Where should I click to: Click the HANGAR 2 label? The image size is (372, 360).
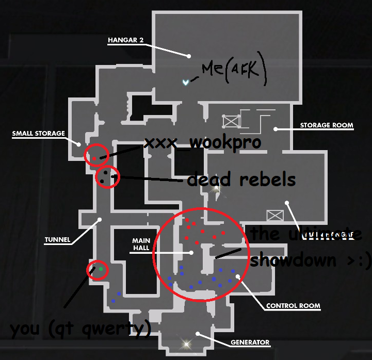point(125,40)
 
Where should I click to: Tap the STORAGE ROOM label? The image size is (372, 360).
point(327,125)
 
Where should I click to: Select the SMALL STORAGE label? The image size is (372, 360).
point(39,134)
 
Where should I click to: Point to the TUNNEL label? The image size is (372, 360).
point(57,239)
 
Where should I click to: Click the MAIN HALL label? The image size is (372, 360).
point(141,244)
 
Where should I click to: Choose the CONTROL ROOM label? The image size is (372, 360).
point(293,306)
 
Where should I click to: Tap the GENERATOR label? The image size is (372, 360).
point(250,342)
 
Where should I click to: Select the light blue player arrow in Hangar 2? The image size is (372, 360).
point(185,82)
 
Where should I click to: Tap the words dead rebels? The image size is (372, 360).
point(241,179)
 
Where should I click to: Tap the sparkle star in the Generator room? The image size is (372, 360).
point(185,342)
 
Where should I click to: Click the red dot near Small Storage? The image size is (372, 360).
point(94,157)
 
